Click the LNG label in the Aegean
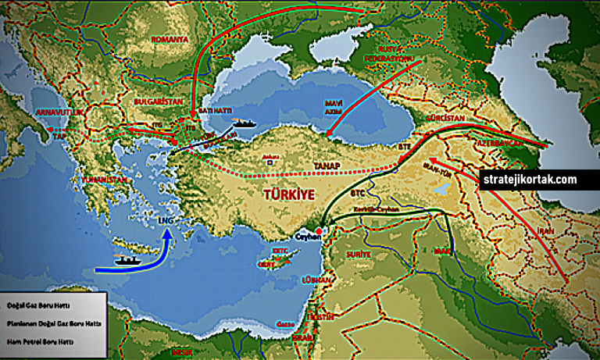166,222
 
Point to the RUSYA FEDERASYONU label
391,51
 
